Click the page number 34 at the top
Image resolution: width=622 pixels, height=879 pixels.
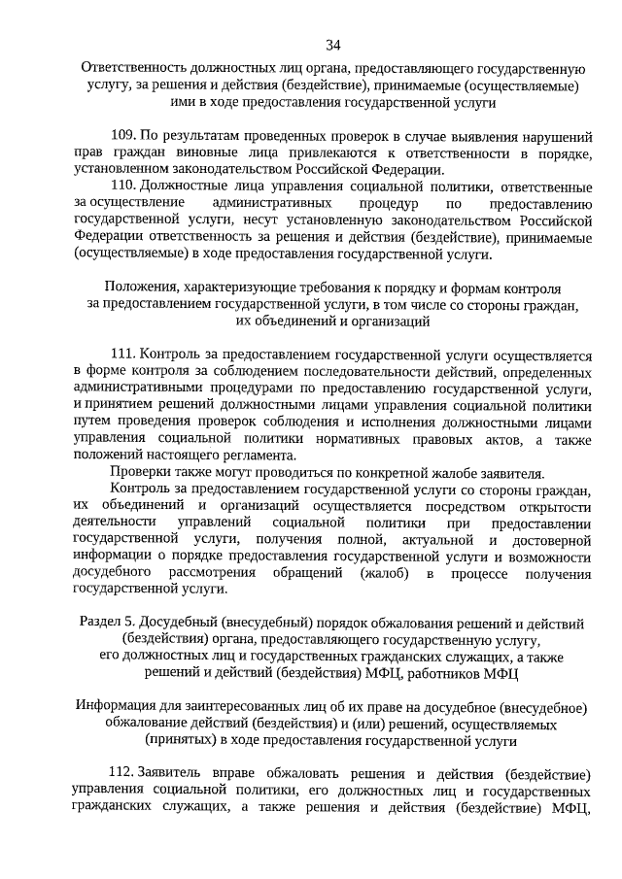333,45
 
